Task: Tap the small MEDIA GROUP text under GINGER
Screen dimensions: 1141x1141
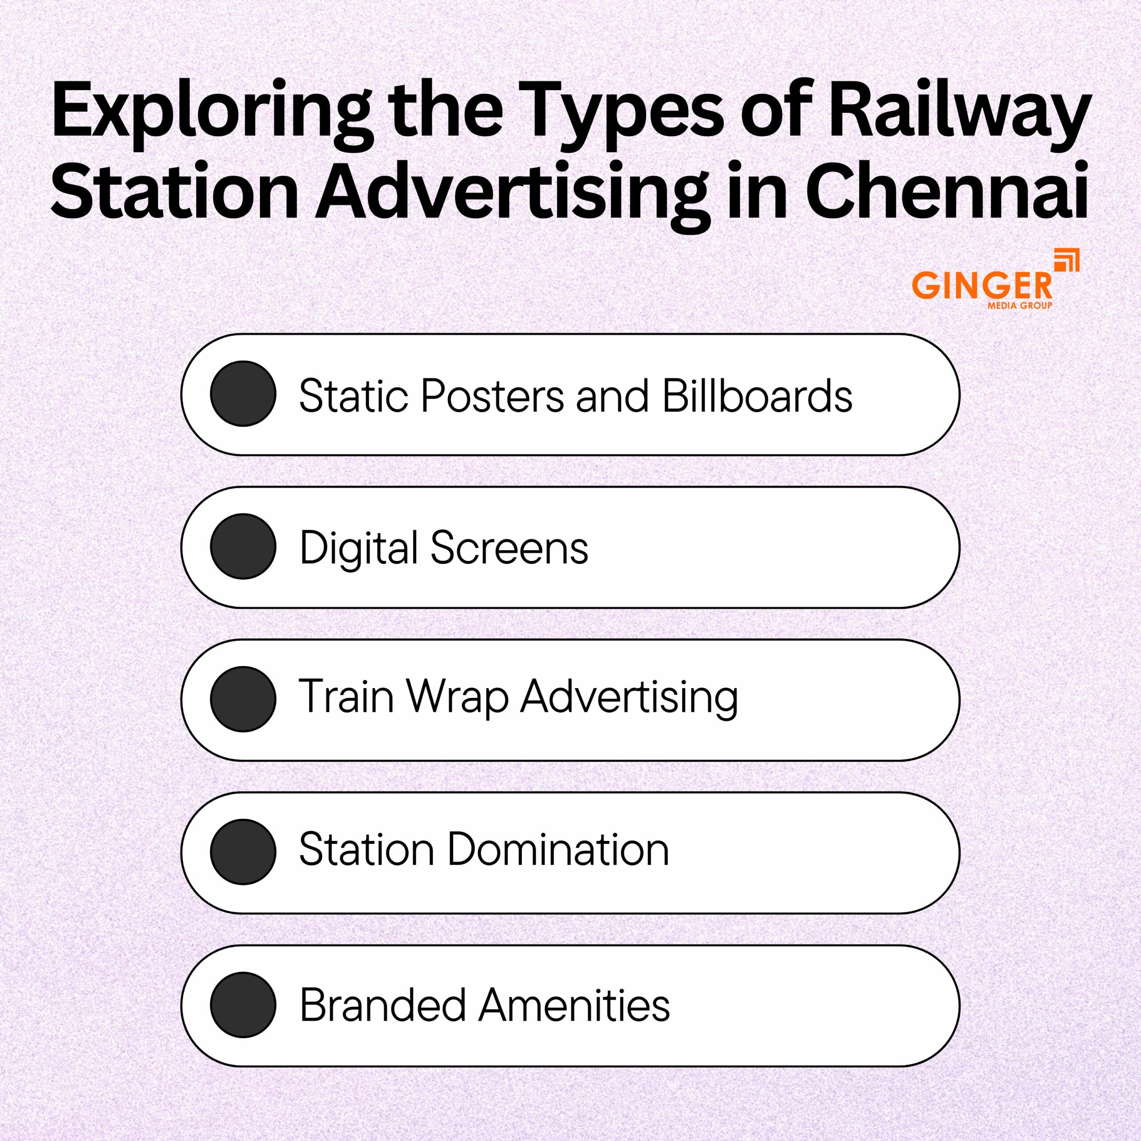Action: tap(1020, 305)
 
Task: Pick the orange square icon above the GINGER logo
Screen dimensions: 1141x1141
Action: tap(1067, 260)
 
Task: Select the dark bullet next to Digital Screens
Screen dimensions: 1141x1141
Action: tap(243, 546)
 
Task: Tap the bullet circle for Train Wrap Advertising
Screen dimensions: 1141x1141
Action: tap(243, 699)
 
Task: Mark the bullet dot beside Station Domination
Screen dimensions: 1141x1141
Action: tap(243, 852)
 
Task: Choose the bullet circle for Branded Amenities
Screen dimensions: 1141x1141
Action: tap(243, 1005)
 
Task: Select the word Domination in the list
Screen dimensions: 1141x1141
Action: tap(558, 850)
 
